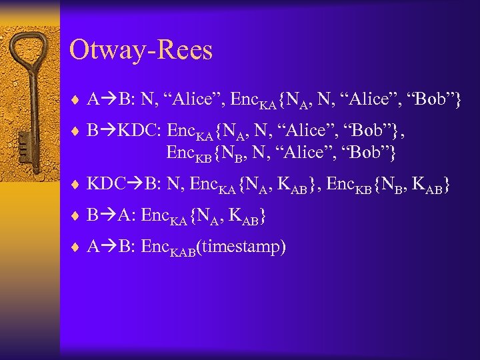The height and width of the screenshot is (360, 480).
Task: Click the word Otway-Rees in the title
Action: (x=141, y=50)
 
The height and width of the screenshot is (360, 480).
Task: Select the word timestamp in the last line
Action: (x=244, y=247)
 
